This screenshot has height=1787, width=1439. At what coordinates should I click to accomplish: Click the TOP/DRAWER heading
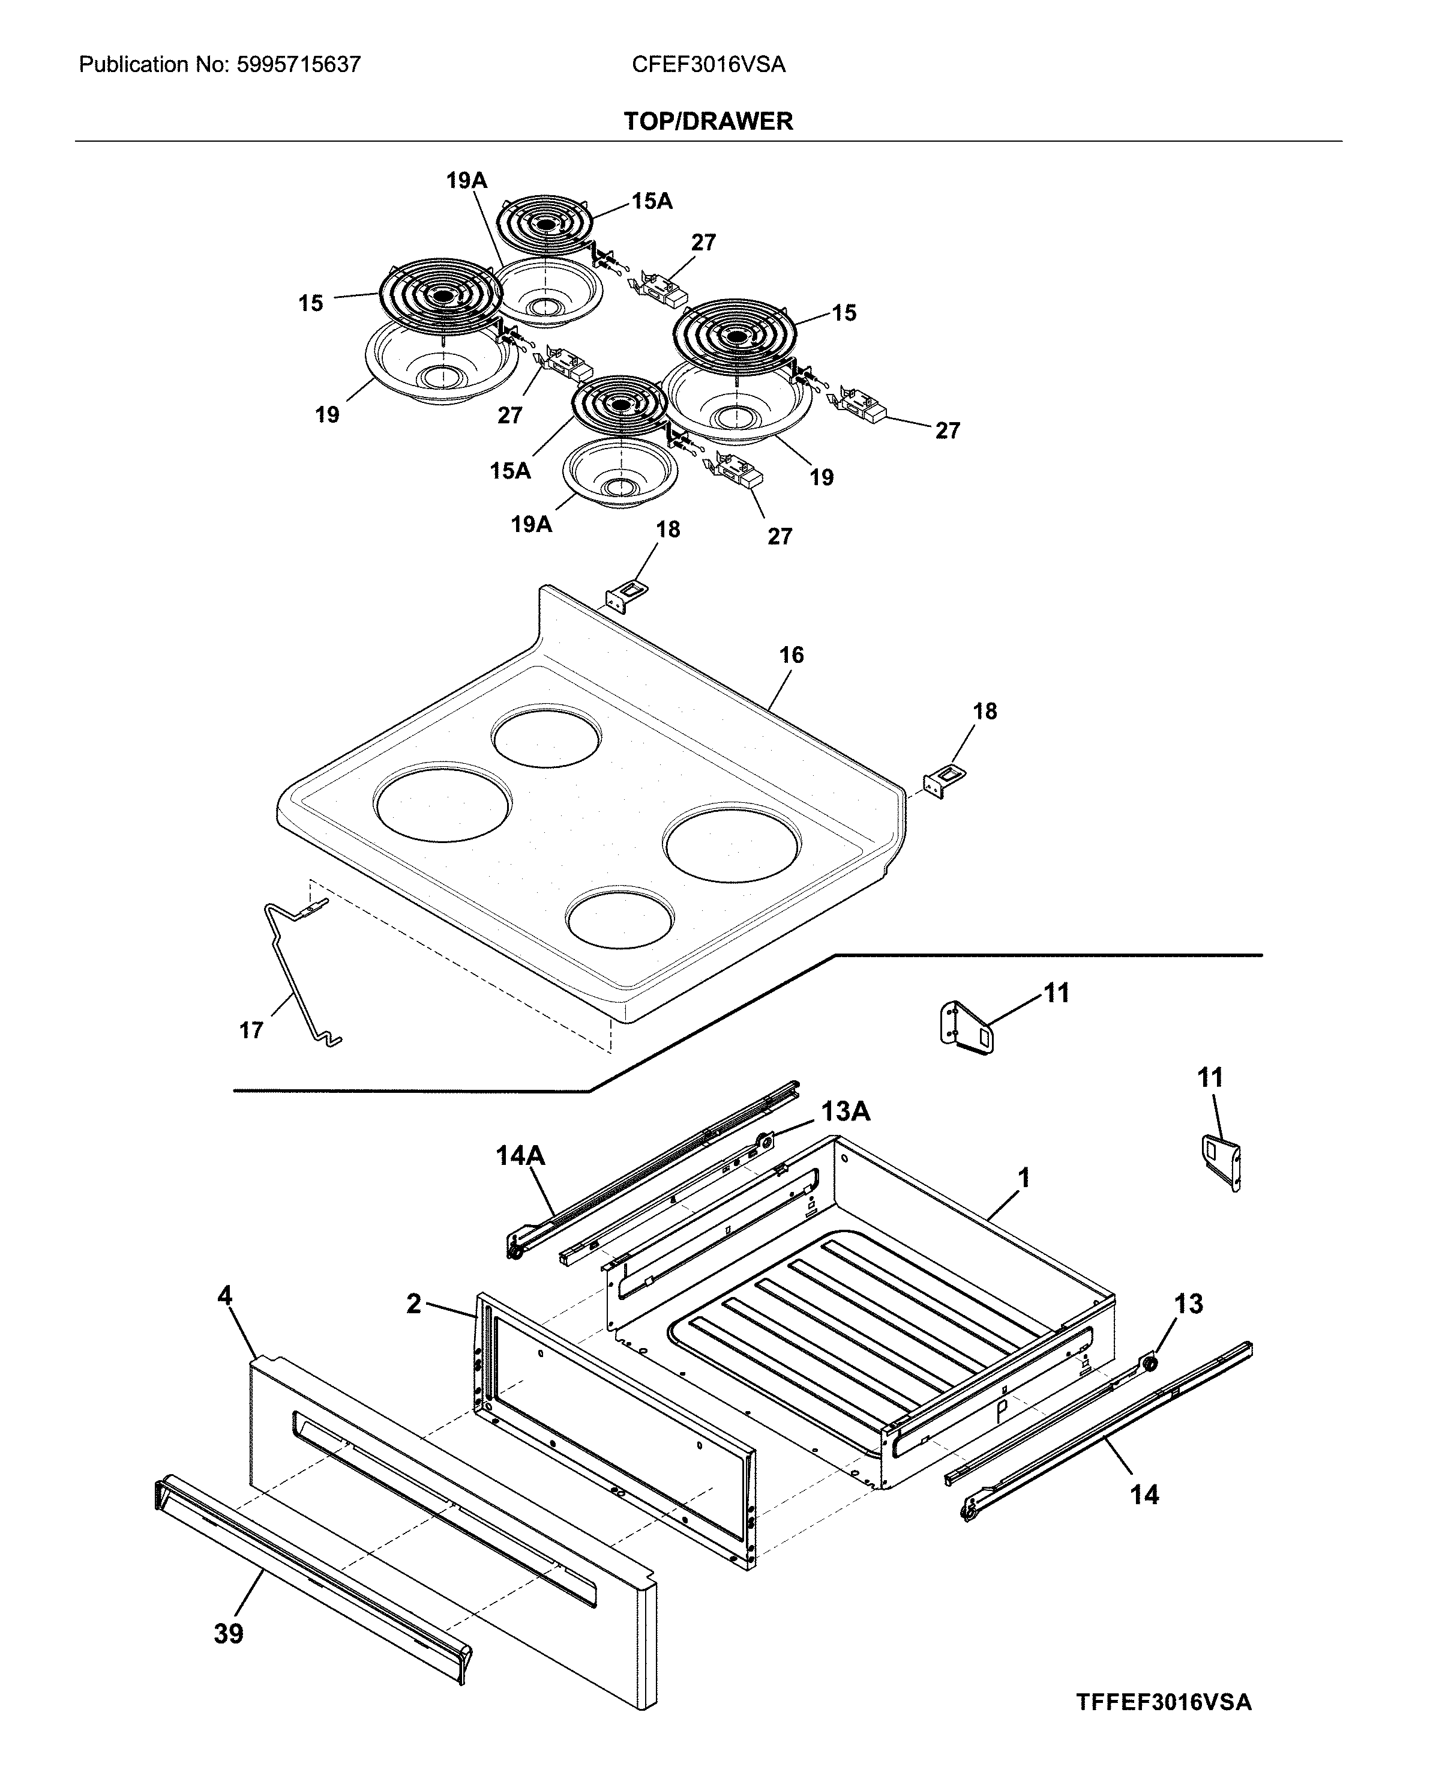pos(708,121)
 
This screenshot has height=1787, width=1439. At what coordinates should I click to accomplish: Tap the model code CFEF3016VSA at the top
pos(708,65)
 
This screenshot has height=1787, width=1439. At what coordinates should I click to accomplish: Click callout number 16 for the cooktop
pos(791,655)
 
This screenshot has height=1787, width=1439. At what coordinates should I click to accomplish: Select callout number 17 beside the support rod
pos(251,1031)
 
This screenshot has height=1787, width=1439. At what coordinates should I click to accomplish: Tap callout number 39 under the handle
pos(229,1634)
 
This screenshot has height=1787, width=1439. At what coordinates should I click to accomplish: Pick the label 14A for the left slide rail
pos(520,1155)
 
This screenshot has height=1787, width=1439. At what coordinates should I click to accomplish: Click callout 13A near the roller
pos(845,1111)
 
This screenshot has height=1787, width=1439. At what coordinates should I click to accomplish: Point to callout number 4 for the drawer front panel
pos(224,1296)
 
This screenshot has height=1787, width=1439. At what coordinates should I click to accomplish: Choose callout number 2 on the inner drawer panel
pos(413,1304)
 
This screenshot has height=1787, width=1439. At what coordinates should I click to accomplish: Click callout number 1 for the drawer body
pos(1024,1178)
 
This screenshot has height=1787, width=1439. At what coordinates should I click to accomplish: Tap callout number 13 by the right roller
pos(1188,1304)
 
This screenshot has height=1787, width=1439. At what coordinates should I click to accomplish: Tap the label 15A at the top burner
pos(652,202)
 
